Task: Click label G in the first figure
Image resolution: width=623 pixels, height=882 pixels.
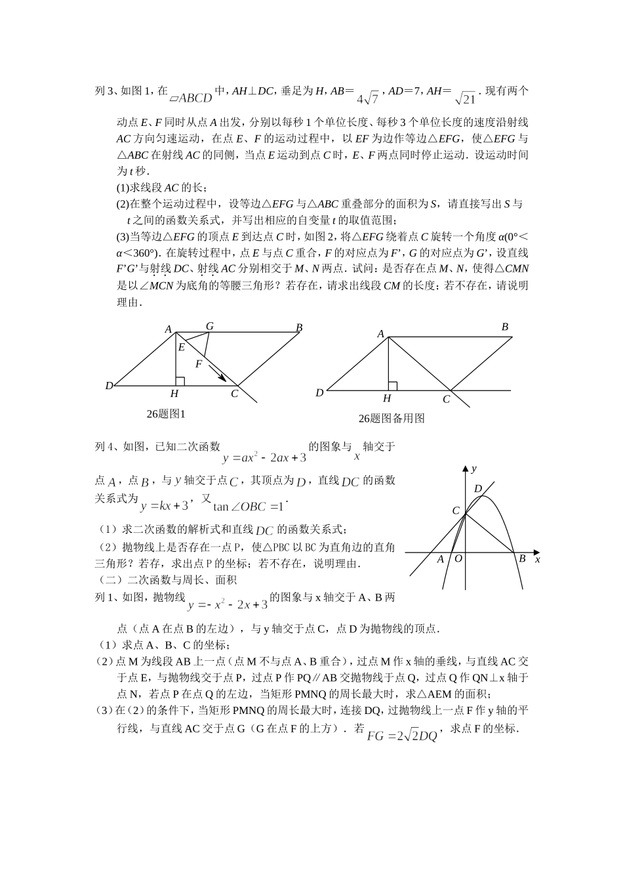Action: point(210,326)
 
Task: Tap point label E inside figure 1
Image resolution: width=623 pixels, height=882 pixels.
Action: point(182,347)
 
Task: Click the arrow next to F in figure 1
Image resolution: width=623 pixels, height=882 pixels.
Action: point(218,373)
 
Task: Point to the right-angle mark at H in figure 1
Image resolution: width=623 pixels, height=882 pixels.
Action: point(180,381)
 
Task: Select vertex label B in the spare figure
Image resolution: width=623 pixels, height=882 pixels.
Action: point(505,327)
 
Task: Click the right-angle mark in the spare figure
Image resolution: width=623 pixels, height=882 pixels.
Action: point(392,386)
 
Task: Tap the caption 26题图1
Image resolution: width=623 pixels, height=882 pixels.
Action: point(167,414)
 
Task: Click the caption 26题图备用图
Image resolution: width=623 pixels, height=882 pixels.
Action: point(391,418)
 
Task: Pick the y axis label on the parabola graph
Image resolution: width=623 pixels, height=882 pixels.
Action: point(473,468)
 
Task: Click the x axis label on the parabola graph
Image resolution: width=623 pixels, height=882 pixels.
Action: point(537,559)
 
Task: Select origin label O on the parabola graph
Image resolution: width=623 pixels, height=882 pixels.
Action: point(458,558)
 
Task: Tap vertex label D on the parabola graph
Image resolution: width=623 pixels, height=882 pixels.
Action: point(477,489)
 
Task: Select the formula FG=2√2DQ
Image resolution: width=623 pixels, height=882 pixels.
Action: point(401,736)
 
